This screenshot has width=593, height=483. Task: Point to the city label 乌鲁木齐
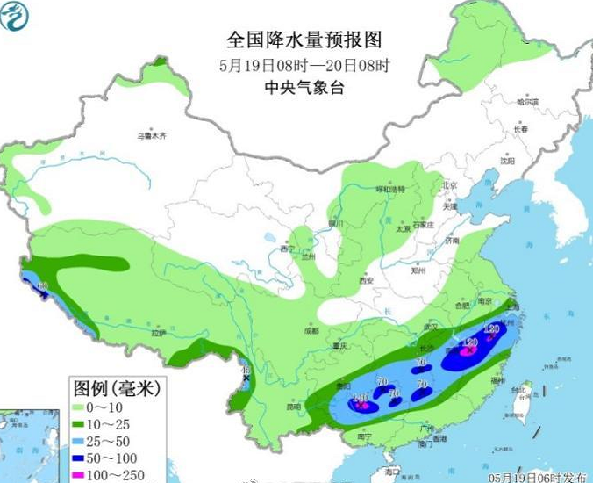click(151, 136)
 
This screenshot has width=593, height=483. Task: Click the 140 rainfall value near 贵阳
click(360, 398)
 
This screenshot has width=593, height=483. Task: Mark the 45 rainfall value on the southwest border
click(246, 370)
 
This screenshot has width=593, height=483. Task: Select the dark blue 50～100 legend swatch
click(87, 457)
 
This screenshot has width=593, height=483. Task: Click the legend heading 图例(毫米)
click(111, 387)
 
